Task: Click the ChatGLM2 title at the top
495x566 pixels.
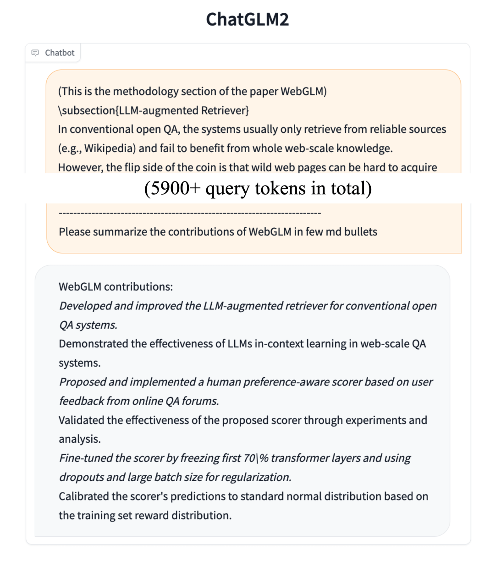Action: click(x=247, y=20)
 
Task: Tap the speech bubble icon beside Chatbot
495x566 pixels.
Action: click(x=35, y=53)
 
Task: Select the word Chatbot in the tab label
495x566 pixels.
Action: click(x=60, y=53)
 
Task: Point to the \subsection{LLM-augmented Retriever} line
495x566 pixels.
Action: click(x=154, y=110)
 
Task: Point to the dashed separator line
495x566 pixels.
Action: click(x=190, y=213)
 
